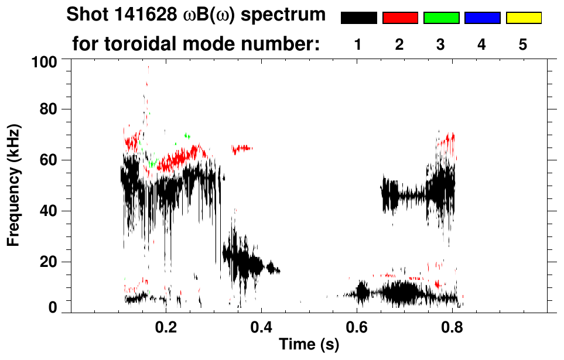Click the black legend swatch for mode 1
358,18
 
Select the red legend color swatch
400,18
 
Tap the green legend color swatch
441,18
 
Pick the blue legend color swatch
482,18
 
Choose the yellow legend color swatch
523,18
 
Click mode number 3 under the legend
441,44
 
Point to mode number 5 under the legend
523,44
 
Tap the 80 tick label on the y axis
48,109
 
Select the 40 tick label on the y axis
48,211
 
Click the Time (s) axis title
309,345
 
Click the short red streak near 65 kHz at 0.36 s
242,149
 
